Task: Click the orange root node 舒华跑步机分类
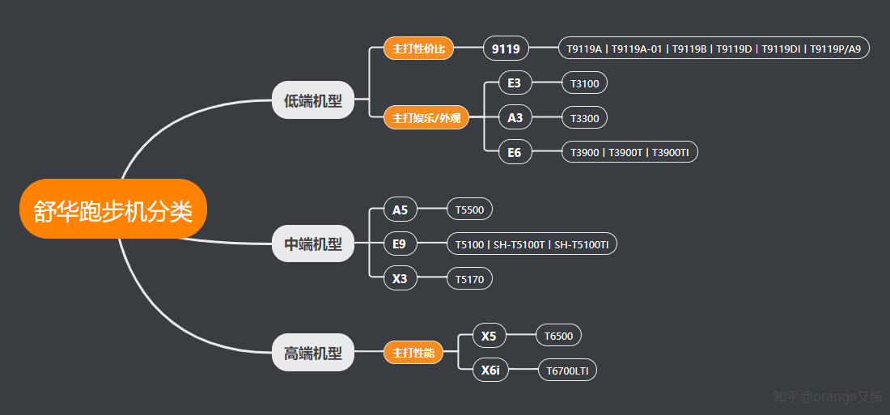point(113,210)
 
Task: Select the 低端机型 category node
point(313,100)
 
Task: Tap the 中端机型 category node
point(313,243)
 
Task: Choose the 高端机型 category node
point(313,353)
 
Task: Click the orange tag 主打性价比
point(418,49)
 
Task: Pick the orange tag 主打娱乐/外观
point(426,118)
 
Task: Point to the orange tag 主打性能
point(413,353)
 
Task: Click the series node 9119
point(506,49)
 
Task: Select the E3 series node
point(515,83)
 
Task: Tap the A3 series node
point(515,118)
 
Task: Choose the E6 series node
point(515,152)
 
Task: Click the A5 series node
point(400,210)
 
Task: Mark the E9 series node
point(400,243)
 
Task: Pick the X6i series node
point(490,371)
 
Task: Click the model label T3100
point(584,83)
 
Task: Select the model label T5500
point(469,210)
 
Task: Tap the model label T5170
point(469,280)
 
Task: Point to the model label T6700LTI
point(567,371)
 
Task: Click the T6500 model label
point(558,336)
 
